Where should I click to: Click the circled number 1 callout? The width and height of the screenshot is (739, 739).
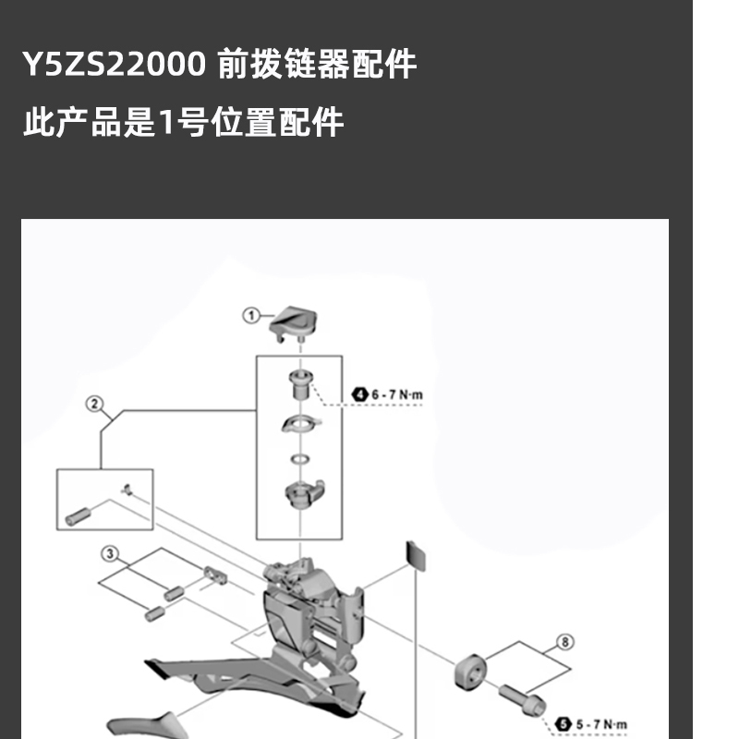(x=250, y=316)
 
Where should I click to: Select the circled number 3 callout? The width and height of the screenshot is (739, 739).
(x=110, y=554)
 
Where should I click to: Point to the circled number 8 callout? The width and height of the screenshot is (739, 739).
(x=565, y=641)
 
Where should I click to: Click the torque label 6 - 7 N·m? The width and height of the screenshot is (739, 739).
(x=397, y=394)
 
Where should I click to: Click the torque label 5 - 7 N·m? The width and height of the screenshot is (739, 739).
(x=601, y=725)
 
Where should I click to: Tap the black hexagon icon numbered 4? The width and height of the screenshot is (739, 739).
(x=360, y=394)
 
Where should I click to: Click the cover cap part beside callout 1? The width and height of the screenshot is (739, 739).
(x=294, y=323)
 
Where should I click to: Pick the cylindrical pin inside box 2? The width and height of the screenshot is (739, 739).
(x=79, y=510)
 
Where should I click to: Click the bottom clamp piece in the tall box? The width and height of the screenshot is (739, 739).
(x=301, y=495)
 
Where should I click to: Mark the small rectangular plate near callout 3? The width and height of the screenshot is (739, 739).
(x=214, y=575)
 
